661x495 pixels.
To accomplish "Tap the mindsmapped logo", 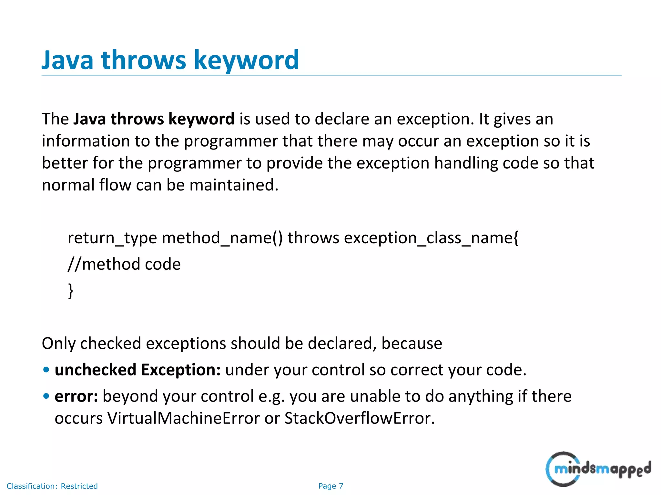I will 598,469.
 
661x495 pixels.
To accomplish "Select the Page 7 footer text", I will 330,486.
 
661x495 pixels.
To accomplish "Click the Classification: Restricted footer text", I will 52,486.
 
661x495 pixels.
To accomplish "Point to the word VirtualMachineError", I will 183,418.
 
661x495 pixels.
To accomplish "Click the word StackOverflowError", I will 359,418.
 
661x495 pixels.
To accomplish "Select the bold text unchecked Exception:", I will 137,370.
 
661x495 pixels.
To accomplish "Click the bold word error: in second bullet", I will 76,396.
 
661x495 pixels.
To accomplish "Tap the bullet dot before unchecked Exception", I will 46,370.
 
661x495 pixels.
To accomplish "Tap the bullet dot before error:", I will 46,396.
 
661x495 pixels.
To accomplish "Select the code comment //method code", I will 124,264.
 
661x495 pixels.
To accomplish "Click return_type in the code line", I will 112,238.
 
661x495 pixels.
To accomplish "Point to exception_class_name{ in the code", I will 431,238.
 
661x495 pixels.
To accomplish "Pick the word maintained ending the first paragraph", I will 233,185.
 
